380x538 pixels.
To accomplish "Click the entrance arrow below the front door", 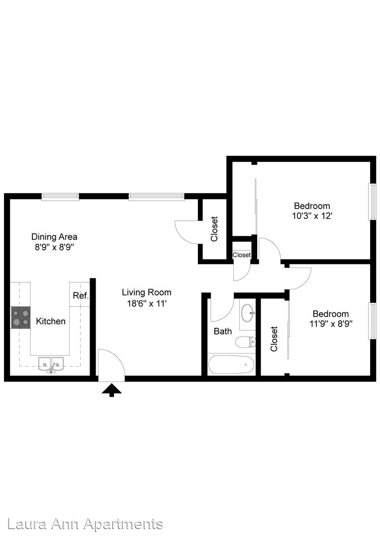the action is tap(112, 390).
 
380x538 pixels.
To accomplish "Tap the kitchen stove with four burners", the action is tap(21, 318).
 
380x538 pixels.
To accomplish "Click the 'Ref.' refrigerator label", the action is tap(81, 295).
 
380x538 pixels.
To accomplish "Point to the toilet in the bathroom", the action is tap(246, 342).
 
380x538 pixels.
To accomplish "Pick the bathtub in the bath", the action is tap(231, 365).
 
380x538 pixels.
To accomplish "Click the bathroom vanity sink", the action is tap(248, 312).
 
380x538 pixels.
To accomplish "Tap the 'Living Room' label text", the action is tap(147, 292).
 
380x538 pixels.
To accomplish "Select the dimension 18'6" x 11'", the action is tap(147, 303).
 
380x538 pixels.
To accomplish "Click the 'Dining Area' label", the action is tap(55, 237).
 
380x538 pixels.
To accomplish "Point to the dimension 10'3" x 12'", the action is tap(312, 216).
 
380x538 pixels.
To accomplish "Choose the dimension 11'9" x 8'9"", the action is tap(331, 324).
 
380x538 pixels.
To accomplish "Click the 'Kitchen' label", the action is tap(51, 321).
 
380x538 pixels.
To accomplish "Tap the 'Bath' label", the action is tap(223, 331).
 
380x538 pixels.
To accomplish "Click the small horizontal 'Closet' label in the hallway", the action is tap(242, 255).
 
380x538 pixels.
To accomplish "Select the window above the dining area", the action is tap(60, 197).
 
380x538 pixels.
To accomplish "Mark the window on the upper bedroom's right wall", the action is tap(372, 201).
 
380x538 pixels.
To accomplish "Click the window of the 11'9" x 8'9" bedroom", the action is tap(372, 321).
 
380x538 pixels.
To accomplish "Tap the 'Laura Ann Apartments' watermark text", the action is tap(85, 524).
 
